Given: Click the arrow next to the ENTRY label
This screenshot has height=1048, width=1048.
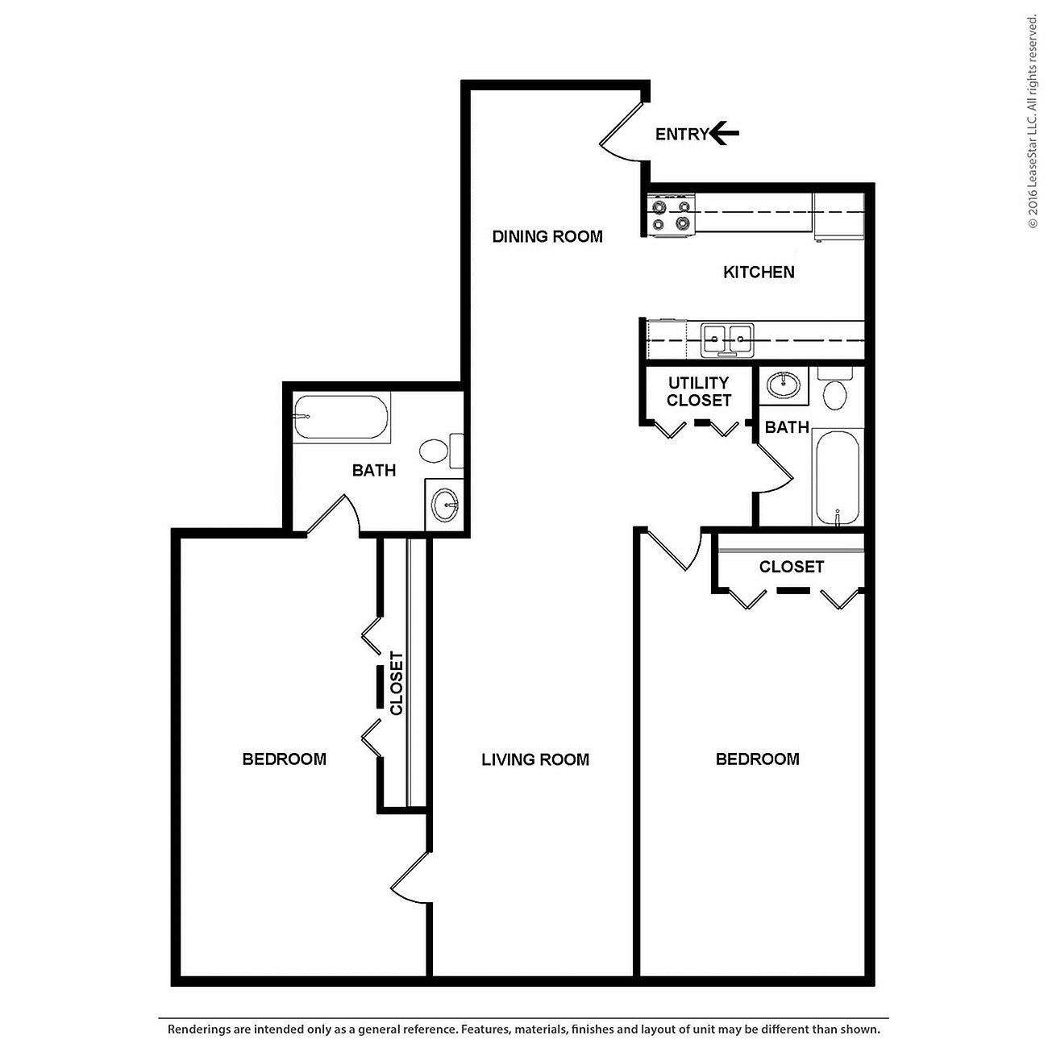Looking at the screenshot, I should pyautogui.click(x=725, y=133).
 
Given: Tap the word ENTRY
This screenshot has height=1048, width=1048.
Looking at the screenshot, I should pyautogui.click(x=681, y=135).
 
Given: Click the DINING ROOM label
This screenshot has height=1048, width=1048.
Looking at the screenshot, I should pyautogui.click(x=547, y=236).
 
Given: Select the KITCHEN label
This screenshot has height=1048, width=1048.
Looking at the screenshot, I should pyautogui.click(x=759, y=272).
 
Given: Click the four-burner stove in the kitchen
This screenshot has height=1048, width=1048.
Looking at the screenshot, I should pyautogui.click(x=672, y=215).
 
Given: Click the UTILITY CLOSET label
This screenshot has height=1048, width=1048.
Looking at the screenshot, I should pyautogui.click(x=699, y=392).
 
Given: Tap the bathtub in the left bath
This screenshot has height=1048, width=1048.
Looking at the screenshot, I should pyautogui.click(x=341, y=417).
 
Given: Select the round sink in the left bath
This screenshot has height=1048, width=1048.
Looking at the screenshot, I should pyautogui.click(x=444, y=506).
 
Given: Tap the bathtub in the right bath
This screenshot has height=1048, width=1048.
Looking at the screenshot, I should pyautogui.click(x=838, y=477).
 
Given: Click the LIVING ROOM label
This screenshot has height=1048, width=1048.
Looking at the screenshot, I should pyautogui.click(x=535, y=759).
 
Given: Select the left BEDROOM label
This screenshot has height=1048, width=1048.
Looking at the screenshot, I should pyautogui.click(x=284, y=759).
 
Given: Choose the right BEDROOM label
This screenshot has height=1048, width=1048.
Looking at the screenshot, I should pyautogui.click(x=757, y=759).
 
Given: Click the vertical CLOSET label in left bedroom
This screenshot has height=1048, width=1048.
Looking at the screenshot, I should pyautogui.click(x=396, y=683).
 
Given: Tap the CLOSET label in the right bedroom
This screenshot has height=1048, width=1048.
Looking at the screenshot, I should pyautogui.click(x=791, y=567).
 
